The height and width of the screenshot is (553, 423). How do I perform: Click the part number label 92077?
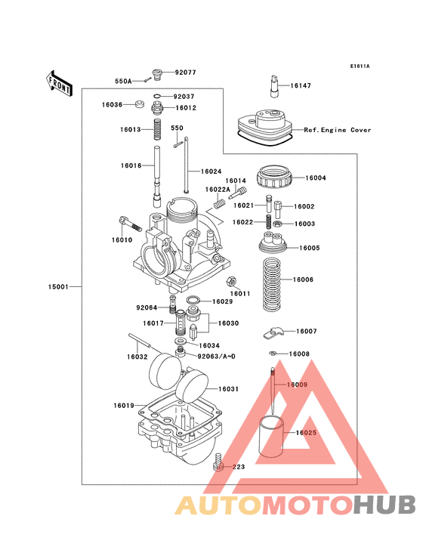click(x=186, y=73)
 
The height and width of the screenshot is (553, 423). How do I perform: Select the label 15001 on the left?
click(x=59, y=287)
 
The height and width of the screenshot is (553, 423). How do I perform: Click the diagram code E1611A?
click(x=360, y=66)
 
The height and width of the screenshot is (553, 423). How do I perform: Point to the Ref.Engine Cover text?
click(x=338, y=130)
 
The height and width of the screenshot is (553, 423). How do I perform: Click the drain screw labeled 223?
click(x=218, y=461)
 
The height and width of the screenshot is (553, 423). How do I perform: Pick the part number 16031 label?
click(x=228, y=388)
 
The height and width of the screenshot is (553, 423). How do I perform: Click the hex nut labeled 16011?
click(x=231, y=281)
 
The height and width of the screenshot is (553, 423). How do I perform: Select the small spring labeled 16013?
click(x=157, y=129)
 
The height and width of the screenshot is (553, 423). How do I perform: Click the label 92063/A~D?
click(x=216, y=355)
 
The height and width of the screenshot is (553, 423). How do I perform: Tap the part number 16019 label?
click(x=124, y=406)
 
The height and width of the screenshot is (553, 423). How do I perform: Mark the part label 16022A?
click(x=216, y=190)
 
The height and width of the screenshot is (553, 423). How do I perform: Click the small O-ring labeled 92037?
click(x=156, y=97)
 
